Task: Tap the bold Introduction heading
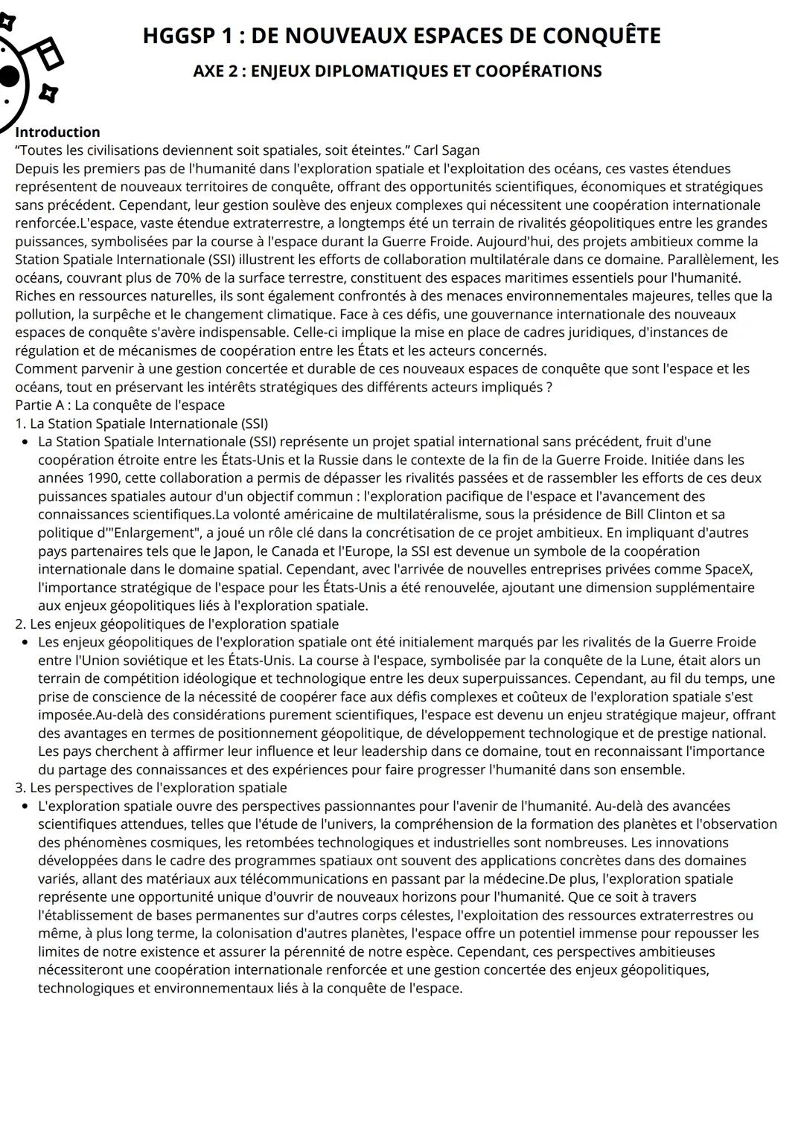click(57, 132)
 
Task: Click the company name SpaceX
click(729, 570)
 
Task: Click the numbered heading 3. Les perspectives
click(150, 788)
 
